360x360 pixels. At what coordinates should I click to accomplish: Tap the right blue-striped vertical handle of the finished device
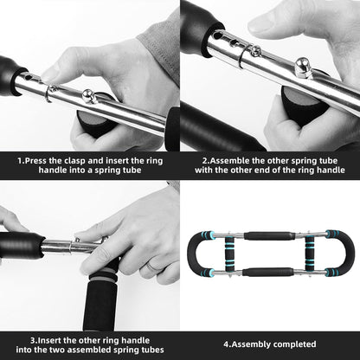[332, 254]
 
